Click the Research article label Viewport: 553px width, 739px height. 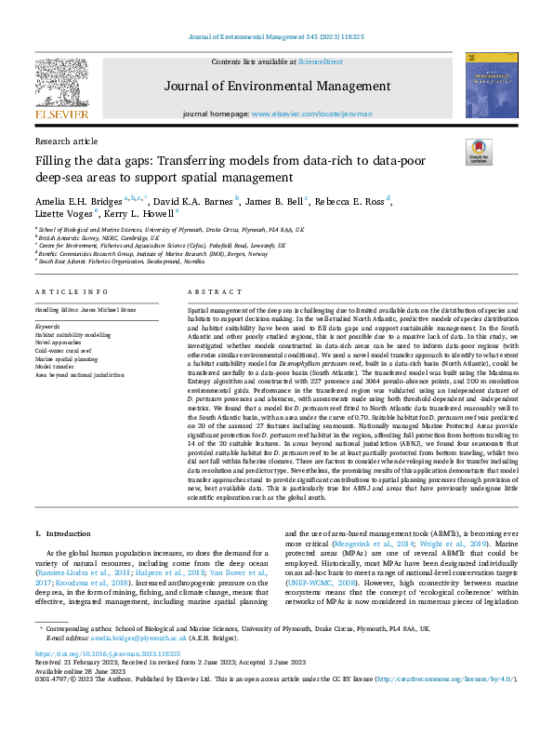(x=66, y=141)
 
